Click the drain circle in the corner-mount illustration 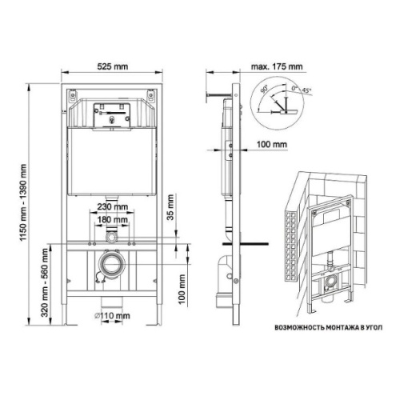point(329,282)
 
